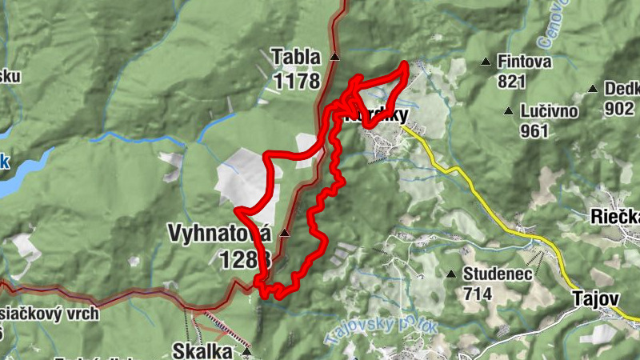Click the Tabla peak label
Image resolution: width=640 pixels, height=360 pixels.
(x=295, y=58)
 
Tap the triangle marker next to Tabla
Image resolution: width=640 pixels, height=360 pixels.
(x=334, y=58)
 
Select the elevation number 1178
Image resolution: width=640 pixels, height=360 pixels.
(x=295, y=80)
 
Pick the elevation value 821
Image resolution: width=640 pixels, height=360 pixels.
(x=512, y=81)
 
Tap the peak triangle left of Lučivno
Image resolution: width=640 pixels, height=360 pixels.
(x=507, y=111)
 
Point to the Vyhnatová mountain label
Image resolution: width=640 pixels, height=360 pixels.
(x=220, y=233)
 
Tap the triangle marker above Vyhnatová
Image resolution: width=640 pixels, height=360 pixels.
(x=283, y=232)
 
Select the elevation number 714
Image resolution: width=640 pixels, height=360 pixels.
(x=477, y=293)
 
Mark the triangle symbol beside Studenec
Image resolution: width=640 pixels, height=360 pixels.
(x=451, y=274)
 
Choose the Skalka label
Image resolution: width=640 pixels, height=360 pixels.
(x=202, y=350)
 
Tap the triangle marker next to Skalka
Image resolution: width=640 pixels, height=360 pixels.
(x=247, y=350)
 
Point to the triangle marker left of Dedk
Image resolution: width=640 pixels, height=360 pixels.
(x=593, y=89)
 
